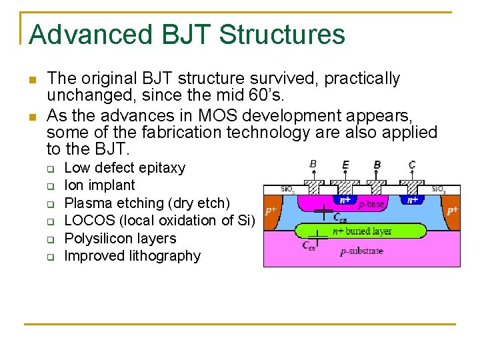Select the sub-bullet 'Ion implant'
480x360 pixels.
[x=99, y=185]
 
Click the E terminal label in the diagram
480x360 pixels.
[x=345, y=165]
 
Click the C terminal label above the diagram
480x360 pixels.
[x=412, y=165]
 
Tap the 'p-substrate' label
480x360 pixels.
[x=361, y=251]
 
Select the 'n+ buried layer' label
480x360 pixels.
[x=362, y=231]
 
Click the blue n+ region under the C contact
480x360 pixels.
[x=413, y=199]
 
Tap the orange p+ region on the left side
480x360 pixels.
[x=271, y=210]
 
